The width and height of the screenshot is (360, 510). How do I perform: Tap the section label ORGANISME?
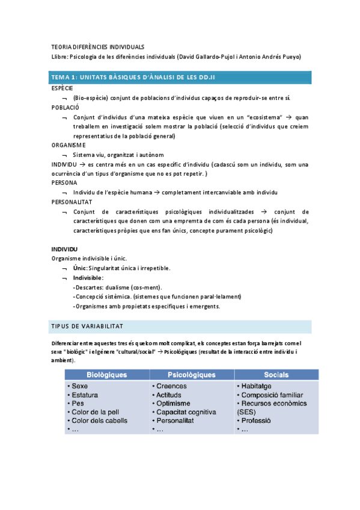click(68, 145)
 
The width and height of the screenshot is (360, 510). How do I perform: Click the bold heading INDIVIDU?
click(65, 249)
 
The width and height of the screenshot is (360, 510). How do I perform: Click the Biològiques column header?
click(106, 375)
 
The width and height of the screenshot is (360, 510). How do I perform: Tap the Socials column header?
click(272, 375)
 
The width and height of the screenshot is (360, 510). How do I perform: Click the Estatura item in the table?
click(85, 395)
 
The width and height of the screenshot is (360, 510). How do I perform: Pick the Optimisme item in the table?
click(173, 404)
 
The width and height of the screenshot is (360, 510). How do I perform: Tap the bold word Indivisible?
click(88, 278)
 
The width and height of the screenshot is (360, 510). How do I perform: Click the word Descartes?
click(90, 287)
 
